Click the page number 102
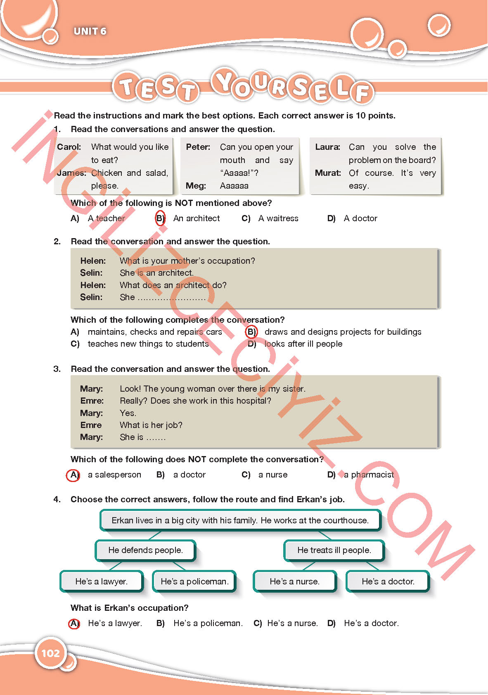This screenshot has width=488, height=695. coord(50,653)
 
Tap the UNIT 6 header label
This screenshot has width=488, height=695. coord(90,31)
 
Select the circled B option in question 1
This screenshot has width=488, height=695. coord(160,218)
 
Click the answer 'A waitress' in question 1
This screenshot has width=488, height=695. coord(278,218)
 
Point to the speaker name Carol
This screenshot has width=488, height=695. coord(69,147)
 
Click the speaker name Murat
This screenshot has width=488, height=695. coord(328,173)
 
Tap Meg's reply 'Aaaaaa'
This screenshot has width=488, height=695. coord(234,186)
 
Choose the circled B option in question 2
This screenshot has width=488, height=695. coord(251,332)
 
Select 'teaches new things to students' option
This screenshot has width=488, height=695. coord(148,344)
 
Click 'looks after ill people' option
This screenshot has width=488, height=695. coord(303,344)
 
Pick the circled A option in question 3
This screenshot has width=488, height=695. coord(73,475)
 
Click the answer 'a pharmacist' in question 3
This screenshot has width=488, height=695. coord(369,475)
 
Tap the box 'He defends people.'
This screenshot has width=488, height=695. coord(145,550)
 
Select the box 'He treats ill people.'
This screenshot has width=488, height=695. coord(334,550)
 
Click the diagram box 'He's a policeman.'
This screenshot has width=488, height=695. coord(194,582)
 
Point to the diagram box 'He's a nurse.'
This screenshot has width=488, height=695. coord(294,582)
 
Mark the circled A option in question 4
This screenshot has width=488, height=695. coord(74,623)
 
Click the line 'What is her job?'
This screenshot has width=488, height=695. coord(151,425)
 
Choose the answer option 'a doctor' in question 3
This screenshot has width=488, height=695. coord(189,475)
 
